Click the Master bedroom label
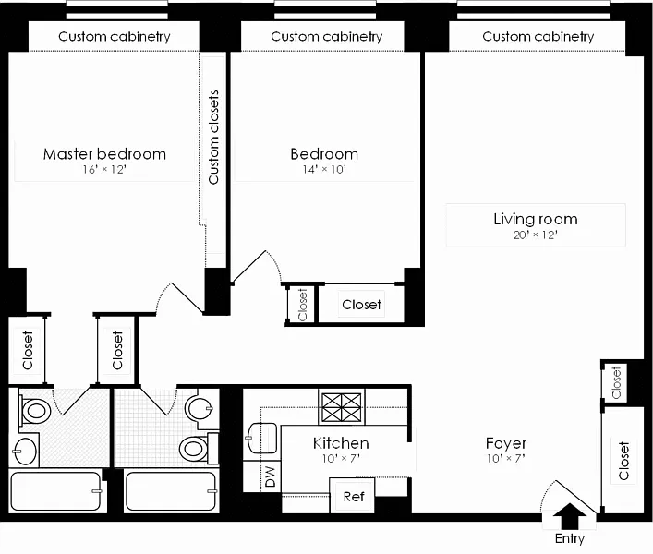click(104, 154)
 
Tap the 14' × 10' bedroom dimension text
click(323, 170)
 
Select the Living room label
click(535, 219)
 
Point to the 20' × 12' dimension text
click(535, 235)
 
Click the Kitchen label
click(341, 443)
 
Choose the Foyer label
click(505, 443)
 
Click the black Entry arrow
click(571, 514)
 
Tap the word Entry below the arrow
click(570, 538)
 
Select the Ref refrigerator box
click(353, 496)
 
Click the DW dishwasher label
click(270, 476)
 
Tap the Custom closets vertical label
click(213, 137)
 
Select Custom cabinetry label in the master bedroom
click(114, 37)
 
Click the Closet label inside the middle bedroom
click(361, 304)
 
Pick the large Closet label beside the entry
click(624, 461)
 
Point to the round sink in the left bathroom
click(26, 452)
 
